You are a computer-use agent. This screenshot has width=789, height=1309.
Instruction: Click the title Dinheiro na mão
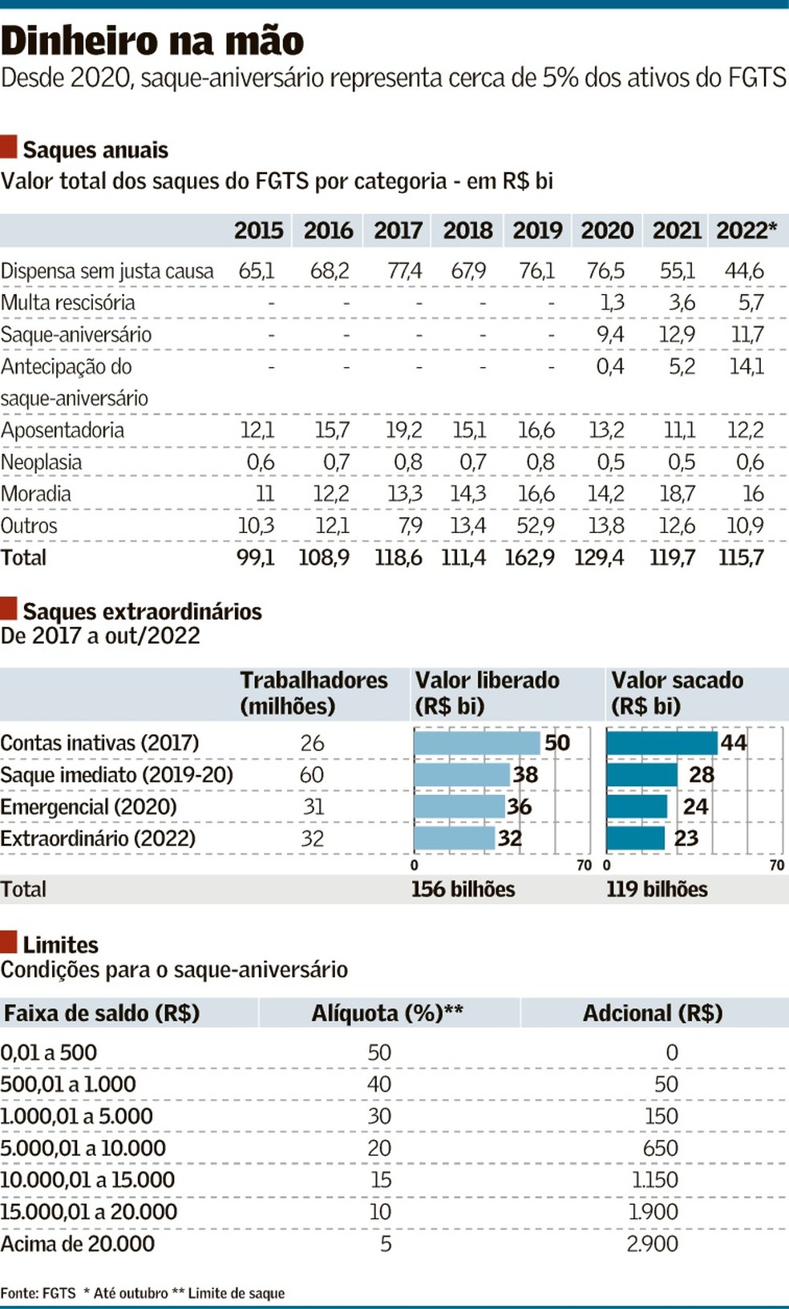pos(152,41)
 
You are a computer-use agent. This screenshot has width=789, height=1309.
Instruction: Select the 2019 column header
pos(537,231)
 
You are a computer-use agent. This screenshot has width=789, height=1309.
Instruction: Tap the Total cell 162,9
pos(529,558)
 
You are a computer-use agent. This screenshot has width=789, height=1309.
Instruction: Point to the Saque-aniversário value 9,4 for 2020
pos(609,334)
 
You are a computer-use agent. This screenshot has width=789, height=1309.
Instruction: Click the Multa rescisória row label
pos(68,303)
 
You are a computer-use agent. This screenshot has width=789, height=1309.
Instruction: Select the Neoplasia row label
pos(42,463)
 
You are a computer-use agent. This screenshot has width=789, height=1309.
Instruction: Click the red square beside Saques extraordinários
pos(9,609)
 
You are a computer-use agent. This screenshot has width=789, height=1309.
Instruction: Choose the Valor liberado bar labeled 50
pos(477,742)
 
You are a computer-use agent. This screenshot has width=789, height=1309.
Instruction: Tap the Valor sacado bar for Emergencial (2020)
pos(637,806)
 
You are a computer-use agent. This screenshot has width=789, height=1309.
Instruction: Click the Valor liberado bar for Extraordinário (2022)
pos(455,838)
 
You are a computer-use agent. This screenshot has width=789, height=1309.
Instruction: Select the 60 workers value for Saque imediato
pos(312,775)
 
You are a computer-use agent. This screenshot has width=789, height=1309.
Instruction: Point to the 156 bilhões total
pos(463,889)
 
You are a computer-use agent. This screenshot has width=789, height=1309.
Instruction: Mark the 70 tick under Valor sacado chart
pos(776,866)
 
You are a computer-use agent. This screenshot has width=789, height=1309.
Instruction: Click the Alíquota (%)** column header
pos(387,1013)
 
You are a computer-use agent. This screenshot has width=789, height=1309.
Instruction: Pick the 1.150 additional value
pos(654,1180)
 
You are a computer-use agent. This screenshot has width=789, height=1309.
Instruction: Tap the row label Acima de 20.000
pos(78,1244)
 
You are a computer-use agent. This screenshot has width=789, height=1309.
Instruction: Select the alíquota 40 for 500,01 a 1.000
pos(379,1085)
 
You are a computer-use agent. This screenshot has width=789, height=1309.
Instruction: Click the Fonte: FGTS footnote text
pos(38,1293)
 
